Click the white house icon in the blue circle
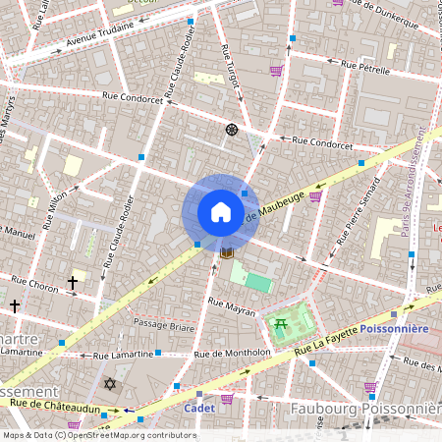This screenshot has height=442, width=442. (x=220, y=212)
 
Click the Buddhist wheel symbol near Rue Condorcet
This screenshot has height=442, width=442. (x=232, y=129)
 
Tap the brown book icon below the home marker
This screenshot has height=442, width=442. (x=226, y=253)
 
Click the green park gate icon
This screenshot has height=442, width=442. (x=281, y=324)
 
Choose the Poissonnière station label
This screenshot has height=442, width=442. (x=393, y=328)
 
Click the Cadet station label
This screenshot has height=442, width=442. (x=199, y=408)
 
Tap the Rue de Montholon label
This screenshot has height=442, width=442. (x=232, y=353)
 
